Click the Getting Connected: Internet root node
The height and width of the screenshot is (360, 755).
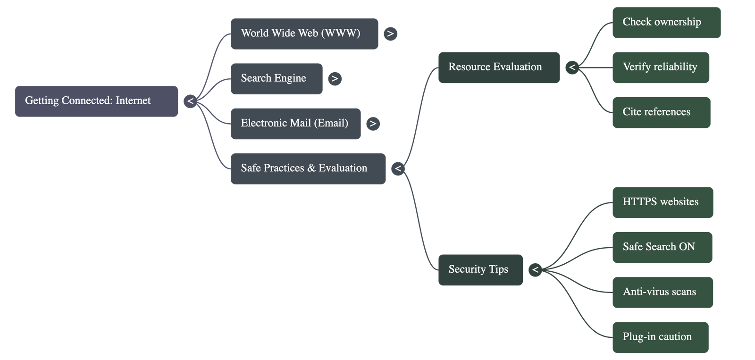[96, 101]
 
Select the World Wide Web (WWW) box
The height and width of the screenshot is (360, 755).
[304, 33]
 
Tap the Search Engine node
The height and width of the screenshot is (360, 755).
[277, 78]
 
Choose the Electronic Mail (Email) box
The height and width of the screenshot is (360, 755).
[295, 124]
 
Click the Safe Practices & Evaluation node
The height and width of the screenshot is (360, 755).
[308, 168]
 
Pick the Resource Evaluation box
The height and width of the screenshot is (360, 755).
[499, 67]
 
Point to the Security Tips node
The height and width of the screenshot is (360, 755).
[480, 269]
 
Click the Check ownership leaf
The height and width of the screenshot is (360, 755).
[666, 22]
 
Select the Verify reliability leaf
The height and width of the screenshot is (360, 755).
[661, 67]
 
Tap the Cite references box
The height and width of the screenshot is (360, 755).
[661, 112]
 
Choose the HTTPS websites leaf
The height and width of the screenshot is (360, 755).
[663, 202]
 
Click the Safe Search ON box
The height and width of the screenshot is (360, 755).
[662, 247]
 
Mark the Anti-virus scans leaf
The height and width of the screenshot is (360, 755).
[663, 292]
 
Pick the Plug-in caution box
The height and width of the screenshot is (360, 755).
[660, 337]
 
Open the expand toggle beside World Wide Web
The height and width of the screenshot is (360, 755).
[390, 34]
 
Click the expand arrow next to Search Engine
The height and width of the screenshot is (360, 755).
[335, 79]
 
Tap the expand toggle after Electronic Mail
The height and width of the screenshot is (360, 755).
[373, 124]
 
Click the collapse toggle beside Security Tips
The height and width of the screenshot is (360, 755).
[535, 270]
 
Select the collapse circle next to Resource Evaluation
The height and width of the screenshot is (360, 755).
[572, 67]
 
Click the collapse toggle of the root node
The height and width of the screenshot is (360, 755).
[190, 101]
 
